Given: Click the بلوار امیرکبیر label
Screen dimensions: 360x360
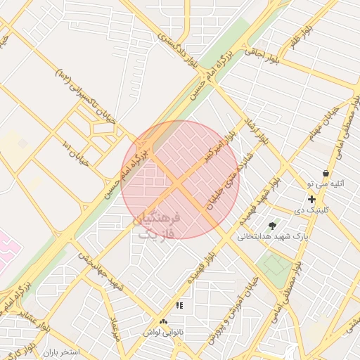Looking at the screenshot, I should tap(219, 143).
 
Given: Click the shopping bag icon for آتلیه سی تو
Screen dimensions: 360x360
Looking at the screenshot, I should tap(326, 173).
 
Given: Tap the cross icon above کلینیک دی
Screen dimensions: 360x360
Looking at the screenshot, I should tap(311, 199).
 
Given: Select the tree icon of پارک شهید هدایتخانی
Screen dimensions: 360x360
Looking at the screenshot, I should tap(272, 226).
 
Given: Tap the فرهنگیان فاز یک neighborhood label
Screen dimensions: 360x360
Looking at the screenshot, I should tap(157, 226).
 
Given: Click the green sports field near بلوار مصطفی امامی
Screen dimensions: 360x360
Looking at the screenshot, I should tap(276, 265).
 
